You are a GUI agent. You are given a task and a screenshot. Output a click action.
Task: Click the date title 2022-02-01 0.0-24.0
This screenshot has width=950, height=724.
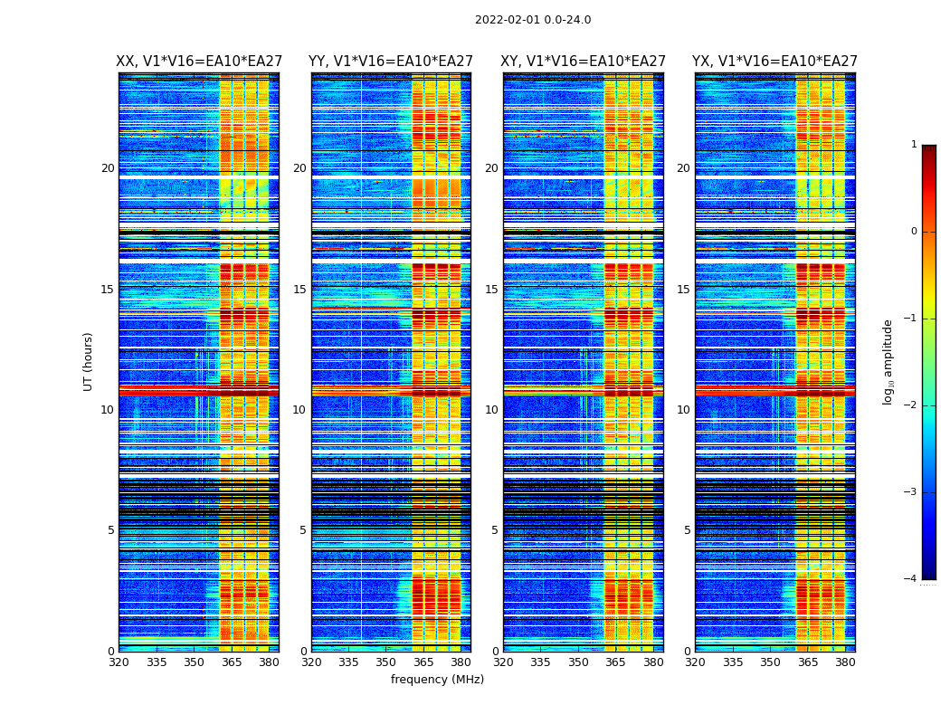[x=533, y=20]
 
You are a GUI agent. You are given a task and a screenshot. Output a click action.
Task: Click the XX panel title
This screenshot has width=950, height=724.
[x=199, y=62]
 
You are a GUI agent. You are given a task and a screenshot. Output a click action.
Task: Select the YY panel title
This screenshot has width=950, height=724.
[x=391, y=62]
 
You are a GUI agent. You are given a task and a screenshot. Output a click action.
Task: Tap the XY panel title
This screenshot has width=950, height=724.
[x=584, y=62]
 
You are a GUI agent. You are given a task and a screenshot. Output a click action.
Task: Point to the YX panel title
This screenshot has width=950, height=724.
[x=774, y=62]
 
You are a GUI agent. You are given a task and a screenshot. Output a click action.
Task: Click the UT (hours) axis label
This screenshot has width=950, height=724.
[x=89, y=361]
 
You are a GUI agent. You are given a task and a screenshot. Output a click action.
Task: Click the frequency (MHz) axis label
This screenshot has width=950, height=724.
[x=437, y=680]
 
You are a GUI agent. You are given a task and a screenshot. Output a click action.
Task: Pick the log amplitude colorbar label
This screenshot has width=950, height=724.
[x=888, y=361]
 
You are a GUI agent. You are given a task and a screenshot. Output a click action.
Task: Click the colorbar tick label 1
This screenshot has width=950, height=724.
[x=914, y=145]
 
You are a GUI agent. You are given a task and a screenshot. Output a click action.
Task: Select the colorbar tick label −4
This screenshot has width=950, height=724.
[x=911, y=579]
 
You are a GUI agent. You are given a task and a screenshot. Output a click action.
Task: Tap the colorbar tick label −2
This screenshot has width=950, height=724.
[x=911, y=405]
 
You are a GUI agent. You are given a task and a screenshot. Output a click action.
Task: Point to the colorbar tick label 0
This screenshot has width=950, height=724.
[x=914, y=232]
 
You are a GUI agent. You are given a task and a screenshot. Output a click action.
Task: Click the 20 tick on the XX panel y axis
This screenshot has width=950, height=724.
[x=108, y=168]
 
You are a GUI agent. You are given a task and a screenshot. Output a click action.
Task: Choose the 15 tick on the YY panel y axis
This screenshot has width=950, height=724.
[x=299, y=290]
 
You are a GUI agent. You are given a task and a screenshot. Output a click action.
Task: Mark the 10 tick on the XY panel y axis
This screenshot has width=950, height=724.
[x=491, y=410]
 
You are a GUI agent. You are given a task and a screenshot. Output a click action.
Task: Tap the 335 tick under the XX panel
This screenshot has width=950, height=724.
[x=157, y=662]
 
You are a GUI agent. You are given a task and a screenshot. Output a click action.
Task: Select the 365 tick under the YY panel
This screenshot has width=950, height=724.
[x=423, y=662]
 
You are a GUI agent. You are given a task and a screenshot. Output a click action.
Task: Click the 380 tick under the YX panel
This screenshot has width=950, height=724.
[x=845, y=662]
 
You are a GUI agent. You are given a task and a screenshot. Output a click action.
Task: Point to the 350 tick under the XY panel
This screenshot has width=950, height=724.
[x=578, y=662]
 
